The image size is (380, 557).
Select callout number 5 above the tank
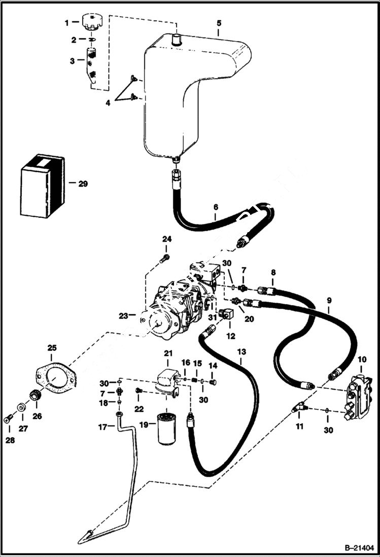(219, 23)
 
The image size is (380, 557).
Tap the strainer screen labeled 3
(92, 63)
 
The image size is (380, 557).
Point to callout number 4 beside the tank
(108, 103)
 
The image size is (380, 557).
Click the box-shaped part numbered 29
(43, 185)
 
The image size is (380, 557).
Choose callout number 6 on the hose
(216, 207)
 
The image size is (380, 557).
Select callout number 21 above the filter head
(168, 353)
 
